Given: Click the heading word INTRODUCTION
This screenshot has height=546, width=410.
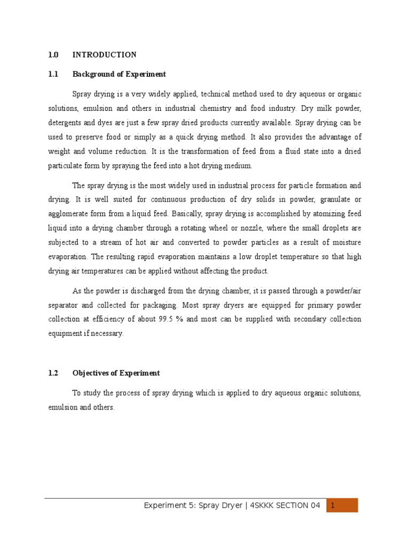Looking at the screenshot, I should pyautogui.click(x=104, y=55).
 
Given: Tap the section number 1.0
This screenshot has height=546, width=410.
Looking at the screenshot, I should pyautogui.click(x=53, y=55).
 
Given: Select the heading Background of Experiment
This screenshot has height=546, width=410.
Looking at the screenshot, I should pyautogui.click(x=119, y=74).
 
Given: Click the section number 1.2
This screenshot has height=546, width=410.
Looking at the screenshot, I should pyautogui.click(x=52, y=373).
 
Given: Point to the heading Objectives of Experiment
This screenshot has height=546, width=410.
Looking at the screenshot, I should pyautogui.click(x=116, y=373).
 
